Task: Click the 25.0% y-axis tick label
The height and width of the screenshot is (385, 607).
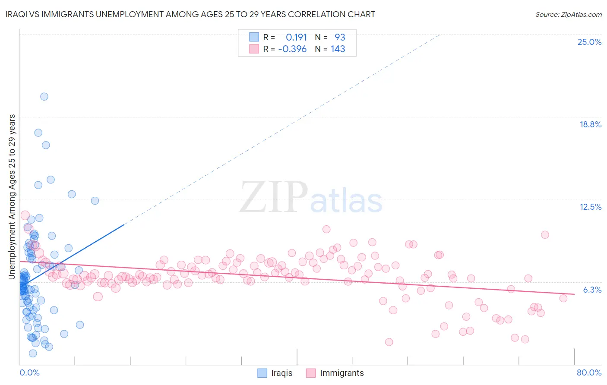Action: tap(589, 42)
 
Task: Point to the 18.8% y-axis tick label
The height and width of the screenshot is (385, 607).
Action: tap(590, 124)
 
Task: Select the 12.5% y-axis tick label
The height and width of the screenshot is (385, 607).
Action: tap(590, 207)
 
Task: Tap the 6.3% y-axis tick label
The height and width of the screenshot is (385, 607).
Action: tap(592, 290)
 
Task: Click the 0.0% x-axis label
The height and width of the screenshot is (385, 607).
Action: tap(29, 372)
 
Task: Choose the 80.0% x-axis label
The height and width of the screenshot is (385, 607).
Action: tap(589, 372)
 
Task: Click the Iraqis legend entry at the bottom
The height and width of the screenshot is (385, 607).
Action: tap(281, 373)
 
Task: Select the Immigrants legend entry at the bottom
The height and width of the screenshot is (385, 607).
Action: tap(341, 373)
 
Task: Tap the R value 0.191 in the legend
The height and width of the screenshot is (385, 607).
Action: tap(296, 37)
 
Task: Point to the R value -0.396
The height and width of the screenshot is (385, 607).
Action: tap(292, 49)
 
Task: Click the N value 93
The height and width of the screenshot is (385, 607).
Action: tap(340, 37)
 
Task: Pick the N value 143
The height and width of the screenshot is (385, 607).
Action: tap(338, 49)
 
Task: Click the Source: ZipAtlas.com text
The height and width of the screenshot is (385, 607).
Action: tap(568, 14)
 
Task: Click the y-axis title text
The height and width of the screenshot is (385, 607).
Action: tap(12, 196)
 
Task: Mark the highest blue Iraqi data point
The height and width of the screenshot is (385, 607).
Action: tap(44, 97)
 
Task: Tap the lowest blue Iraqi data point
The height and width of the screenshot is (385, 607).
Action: tap(33, 353)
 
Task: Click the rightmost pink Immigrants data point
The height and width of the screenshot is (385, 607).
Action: tap(563, 298)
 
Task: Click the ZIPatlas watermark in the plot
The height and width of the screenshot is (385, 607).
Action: tap(311, 198)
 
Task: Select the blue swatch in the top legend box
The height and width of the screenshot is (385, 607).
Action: tap(254, 37)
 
